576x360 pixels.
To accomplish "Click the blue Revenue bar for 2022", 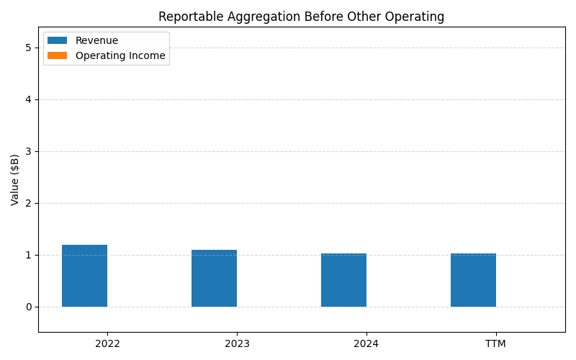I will (x=84, y=276).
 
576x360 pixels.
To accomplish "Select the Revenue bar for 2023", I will (x=214, y=278).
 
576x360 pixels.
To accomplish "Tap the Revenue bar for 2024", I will (x=343, y=280).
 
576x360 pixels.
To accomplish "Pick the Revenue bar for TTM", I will (x=473, y=280).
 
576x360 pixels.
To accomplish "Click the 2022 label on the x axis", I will (x=107, y=343).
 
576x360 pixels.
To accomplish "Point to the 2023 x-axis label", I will (x=237, y=343).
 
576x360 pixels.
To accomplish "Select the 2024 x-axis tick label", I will (x=366, y=343).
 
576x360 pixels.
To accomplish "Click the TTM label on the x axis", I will (x=495, y=343).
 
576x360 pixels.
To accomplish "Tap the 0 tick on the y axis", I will (x=29, y=307).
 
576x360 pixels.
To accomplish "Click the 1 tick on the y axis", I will (x=29, y=255).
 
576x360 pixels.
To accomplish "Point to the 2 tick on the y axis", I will (x=29, y=203).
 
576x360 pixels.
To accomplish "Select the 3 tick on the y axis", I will (x=29, y=151).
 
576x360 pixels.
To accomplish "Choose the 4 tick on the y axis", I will (x=29, y=99).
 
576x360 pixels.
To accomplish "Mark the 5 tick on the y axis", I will (x=29, y=48).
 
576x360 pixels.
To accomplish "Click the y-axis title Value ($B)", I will (x=15, y=179).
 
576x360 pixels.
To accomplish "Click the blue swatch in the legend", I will (x=57, y=41).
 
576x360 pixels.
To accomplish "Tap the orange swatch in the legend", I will (x=57, y=55).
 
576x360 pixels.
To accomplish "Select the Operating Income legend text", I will (x=120, y=55).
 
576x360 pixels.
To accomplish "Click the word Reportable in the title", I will (x=186, y=17).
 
